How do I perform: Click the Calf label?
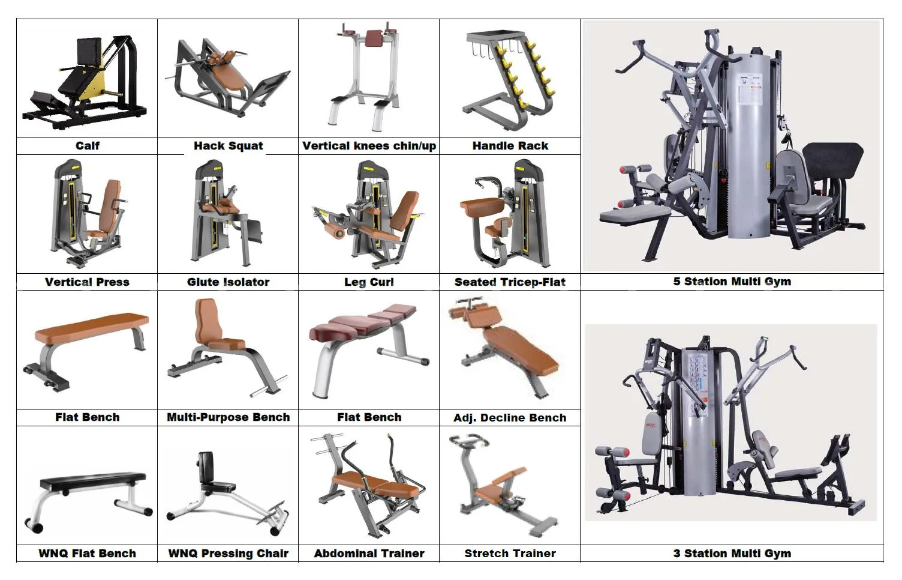(88, 145)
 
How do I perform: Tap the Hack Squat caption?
(228, 145)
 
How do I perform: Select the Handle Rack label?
(510, 145)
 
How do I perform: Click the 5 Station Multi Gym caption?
(732, 282)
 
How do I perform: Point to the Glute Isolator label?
(228, 282)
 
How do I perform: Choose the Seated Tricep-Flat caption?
(510, 282)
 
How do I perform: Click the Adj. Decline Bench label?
(510, 417)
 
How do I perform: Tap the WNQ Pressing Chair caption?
(228, 554)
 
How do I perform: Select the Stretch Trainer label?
(510, 554)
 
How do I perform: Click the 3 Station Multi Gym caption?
(732, 554)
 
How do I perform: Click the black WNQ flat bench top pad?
(94, 479)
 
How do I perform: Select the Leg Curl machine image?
(368, 214)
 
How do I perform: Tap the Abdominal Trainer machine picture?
(369, 485)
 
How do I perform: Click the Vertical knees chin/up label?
(369, 146)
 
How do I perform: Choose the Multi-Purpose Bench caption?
(228, 417)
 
